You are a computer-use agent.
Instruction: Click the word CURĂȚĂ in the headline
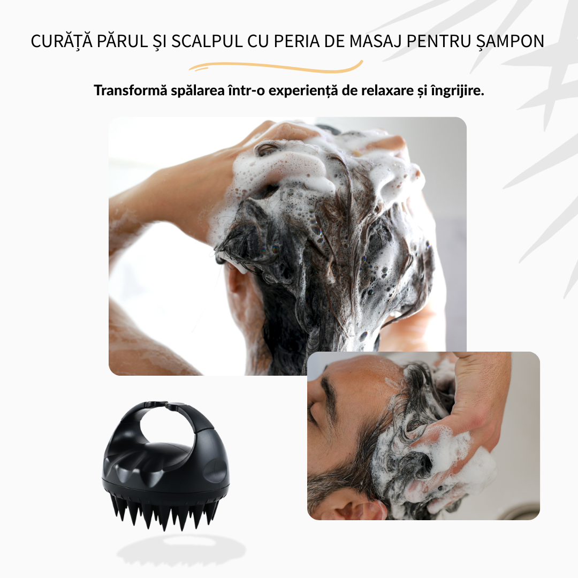coord(62,41)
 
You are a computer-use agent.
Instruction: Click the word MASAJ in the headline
coord(375,41)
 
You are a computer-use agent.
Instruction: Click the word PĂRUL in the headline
coord(122,41)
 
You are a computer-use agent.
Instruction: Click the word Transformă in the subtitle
coord(131,90)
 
